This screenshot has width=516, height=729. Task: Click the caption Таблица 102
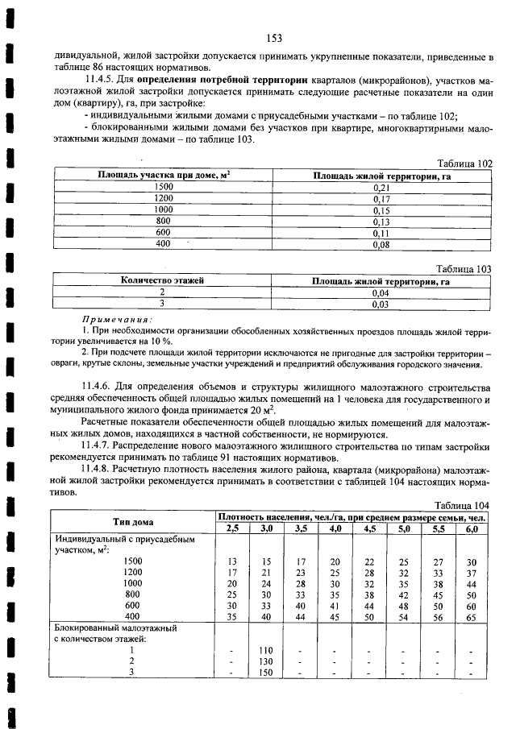(464, 163)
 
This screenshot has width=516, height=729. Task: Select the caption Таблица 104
(464, 505)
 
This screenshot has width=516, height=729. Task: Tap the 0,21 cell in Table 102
(381, 187)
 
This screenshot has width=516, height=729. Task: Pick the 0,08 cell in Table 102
(381, 244)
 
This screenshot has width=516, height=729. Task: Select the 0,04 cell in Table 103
(381, 292)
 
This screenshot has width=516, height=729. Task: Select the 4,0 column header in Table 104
(335, 528)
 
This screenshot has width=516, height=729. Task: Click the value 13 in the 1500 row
(232, 561)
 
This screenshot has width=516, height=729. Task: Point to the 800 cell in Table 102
(164, 221)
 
